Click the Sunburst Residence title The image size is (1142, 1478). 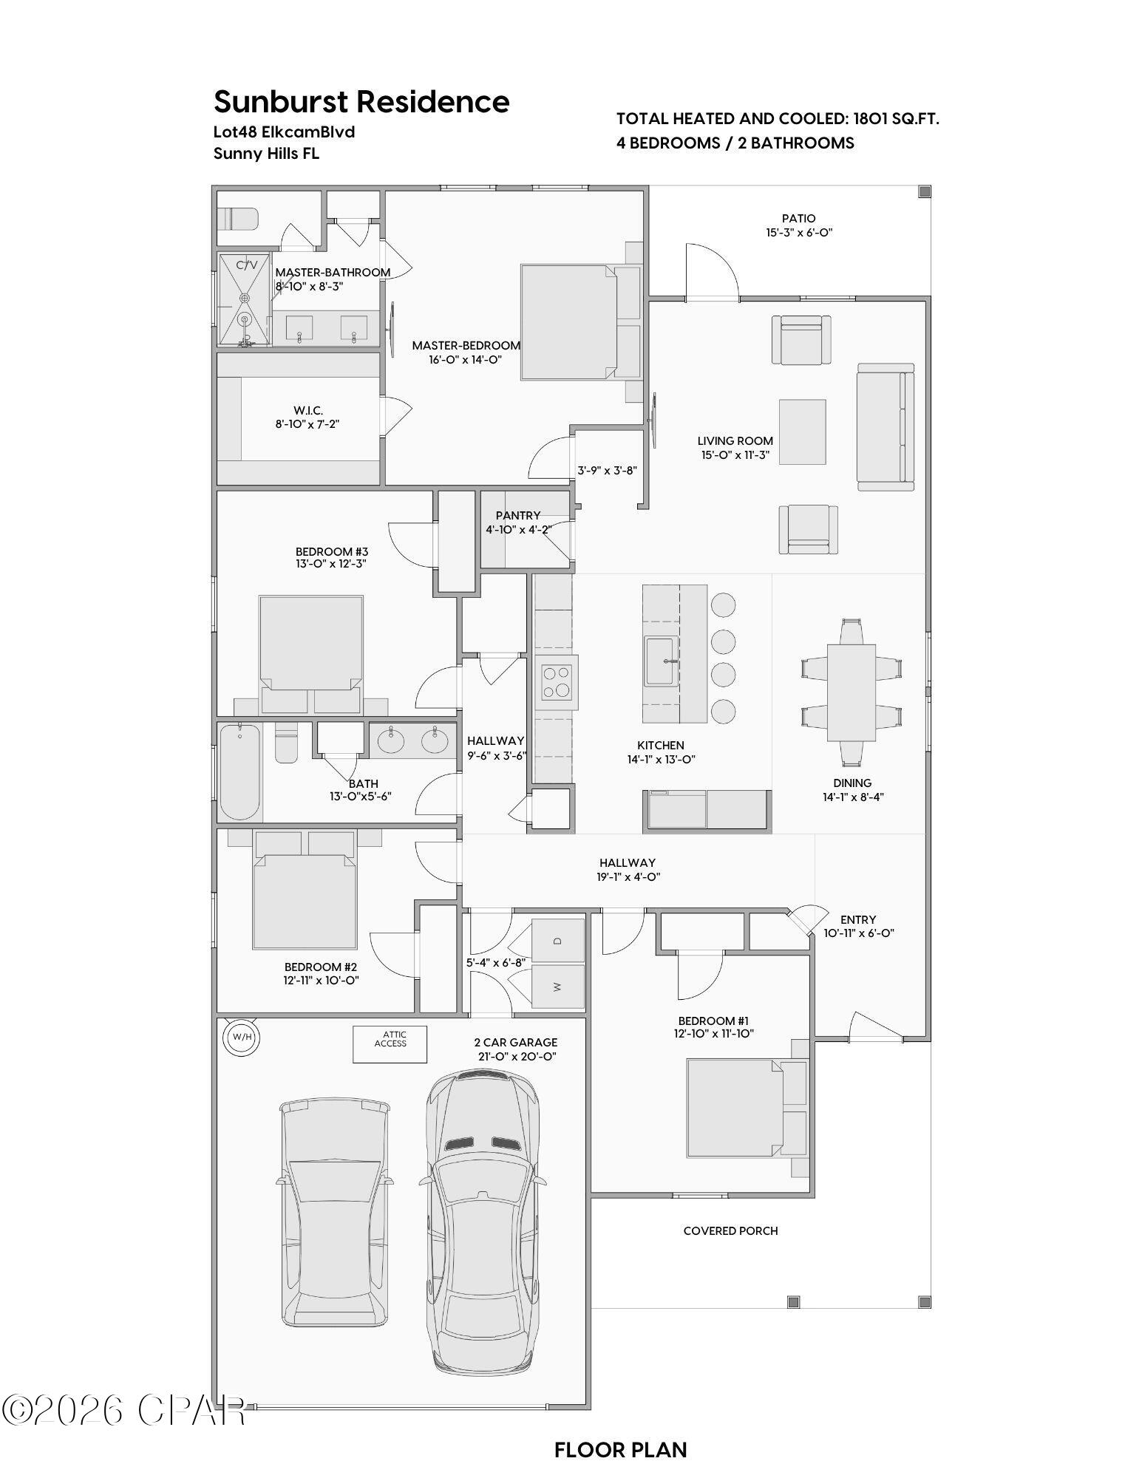point(361,101)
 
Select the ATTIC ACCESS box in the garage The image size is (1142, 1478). point(390,1043)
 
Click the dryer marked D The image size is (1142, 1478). point(558,940)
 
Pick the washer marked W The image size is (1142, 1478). point(558,987)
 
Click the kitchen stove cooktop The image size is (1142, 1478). point(556,682)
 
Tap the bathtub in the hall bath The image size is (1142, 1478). point(239,772)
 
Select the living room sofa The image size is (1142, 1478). point(885,426)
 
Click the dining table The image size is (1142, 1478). point(851,692)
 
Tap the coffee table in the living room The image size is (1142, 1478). point(802,432)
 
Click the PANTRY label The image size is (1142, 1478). point(518,515)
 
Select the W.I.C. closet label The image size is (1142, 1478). point(307,410)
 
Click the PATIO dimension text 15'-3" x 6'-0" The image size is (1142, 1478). point(799,232)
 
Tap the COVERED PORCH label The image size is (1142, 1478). point(730,1230)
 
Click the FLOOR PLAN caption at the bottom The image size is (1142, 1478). point(620,1450)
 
